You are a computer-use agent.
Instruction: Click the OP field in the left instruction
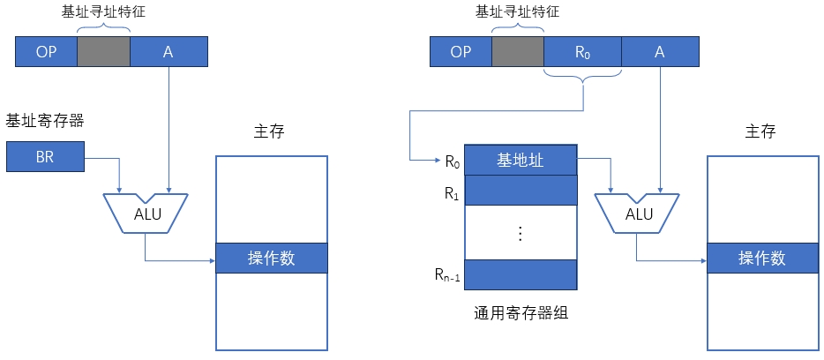(47, 52)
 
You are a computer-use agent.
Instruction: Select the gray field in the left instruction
(104, 52)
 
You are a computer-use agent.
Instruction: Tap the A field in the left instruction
(169, 52)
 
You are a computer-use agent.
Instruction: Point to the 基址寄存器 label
(44, 119)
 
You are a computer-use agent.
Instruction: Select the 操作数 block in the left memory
(271, 259)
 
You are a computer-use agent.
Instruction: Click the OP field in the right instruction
(461, 52)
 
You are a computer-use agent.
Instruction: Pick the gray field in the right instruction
(518, 52)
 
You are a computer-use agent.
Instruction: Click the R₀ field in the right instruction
(582, 52)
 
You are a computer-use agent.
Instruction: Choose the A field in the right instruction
(659, 52)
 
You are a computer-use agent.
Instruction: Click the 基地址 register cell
(521, 161)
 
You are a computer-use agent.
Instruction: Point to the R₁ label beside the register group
(451, 192)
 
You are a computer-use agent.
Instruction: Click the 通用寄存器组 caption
(521, 312)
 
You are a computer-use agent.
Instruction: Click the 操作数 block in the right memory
(762, 259)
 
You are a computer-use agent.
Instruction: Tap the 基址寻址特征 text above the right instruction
(517, 12)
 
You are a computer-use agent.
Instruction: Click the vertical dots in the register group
(521, 233)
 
